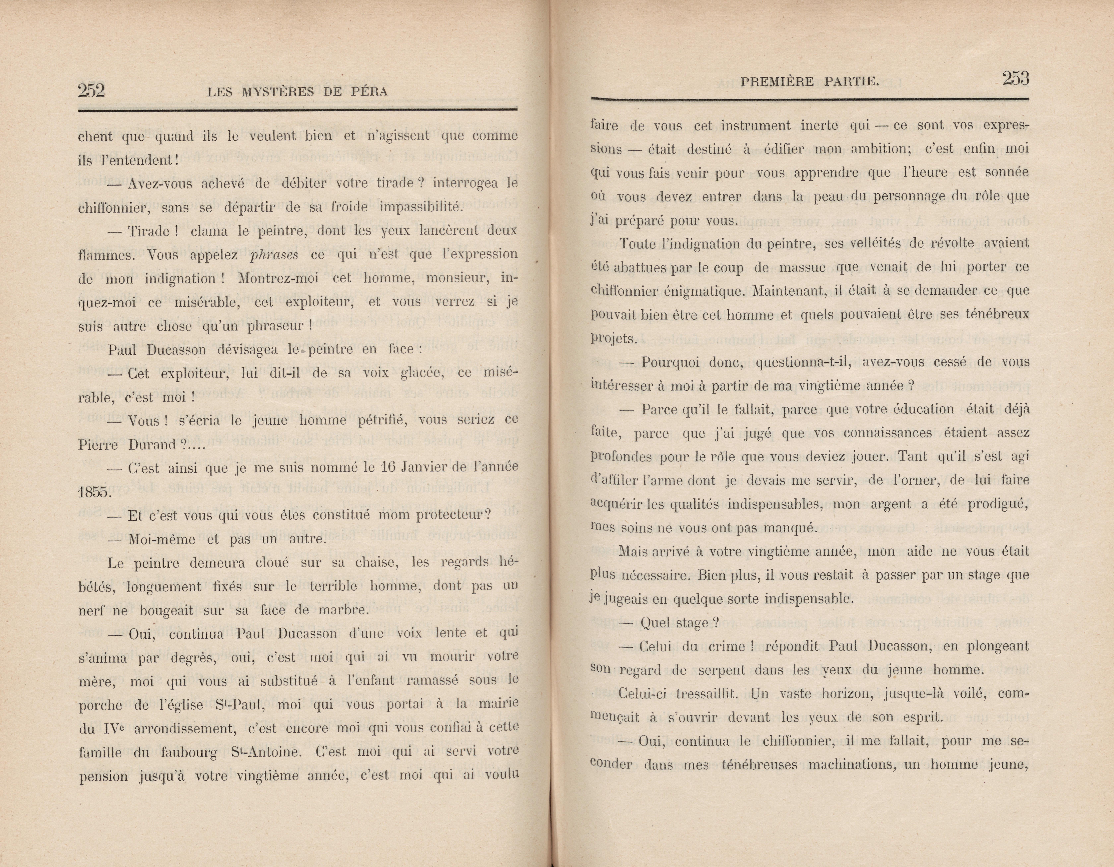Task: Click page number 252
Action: (x=91, y=91)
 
